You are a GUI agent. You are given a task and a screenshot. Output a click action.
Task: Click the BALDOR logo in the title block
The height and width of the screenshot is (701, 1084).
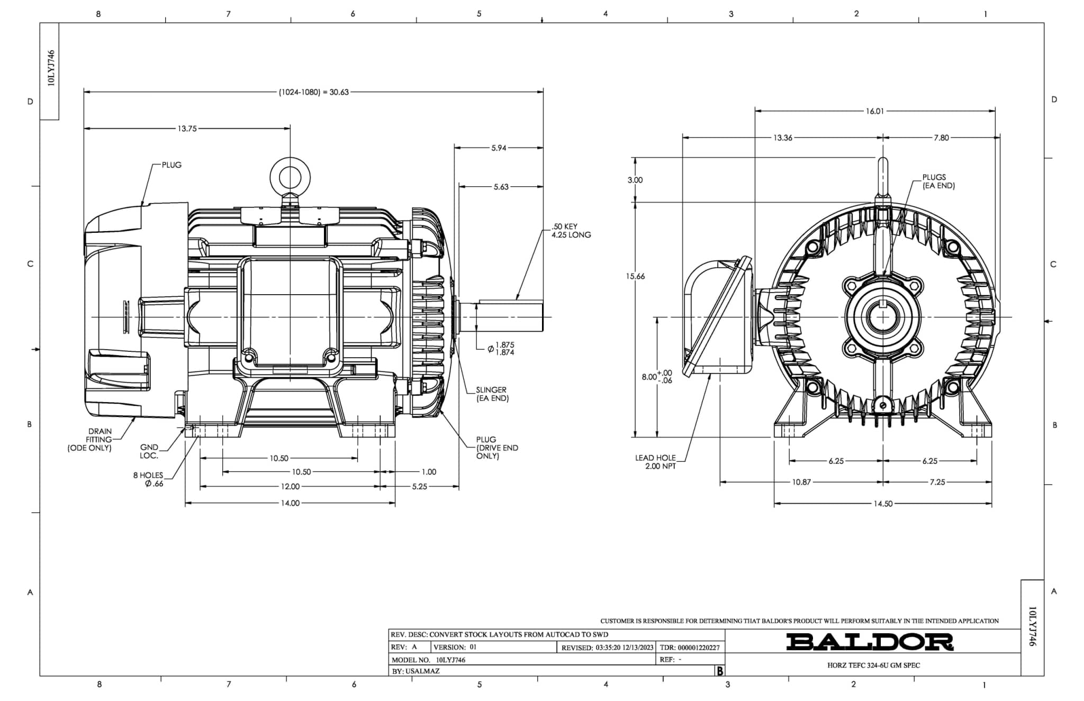[870, 642]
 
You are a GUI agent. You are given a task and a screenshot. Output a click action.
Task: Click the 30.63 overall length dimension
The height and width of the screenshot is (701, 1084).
[314, 92]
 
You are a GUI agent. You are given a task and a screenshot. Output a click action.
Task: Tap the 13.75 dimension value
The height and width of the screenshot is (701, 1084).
[187, 129]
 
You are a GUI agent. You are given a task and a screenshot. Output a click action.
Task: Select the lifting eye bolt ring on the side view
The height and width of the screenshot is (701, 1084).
[290, 176]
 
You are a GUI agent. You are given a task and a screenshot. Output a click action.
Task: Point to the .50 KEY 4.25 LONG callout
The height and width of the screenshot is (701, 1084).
[571, 231]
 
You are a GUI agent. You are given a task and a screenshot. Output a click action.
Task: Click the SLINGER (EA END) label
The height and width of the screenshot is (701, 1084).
[492, 394]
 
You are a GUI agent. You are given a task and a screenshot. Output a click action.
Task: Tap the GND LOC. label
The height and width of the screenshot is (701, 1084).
[149, 451]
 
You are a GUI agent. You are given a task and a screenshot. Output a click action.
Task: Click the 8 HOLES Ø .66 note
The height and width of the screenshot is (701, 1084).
[149, 479]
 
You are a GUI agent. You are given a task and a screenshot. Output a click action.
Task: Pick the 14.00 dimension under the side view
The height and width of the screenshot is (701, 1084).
[290, 503]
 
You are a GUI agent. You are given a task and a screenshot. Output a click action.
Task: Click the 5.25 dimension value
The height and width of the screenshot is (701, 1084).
[419, 487]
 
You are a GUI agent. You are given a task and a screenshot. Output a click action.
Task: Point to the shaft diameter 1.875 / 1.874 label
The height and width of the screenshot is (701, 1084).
[504, 349]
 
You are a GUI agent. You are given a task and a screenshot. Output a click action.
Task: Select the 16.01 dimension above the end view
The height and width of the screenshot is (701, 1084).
[874, 111]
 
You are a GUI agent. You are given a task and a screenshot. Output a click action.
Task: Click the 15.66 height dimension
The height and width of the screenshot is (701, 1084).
[636, 276]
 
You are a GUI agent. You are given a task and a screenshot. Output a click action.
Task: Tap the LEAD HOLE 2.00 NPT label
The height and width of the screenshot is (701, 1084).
[656, 462]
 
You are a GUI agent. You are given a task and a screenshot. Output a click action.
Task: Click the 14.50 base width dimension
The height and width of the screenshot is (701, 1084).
[883, 504]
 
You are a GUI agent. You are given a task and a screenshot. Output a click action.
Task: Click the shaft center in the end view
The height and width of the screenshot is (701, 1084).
[883, 317]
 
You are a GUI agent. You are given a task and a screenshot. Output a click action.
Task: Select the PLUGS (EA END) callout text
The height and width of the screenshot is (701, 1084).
[938, 181]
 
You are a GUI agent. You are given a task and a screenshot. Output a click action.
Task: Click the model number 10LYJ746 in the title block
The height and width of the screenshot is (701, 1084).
[450, 660]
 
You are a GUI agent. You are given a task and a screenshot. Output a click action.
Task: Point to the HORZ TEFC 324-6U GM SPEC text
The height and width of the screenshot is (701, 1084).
[873, 666]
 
